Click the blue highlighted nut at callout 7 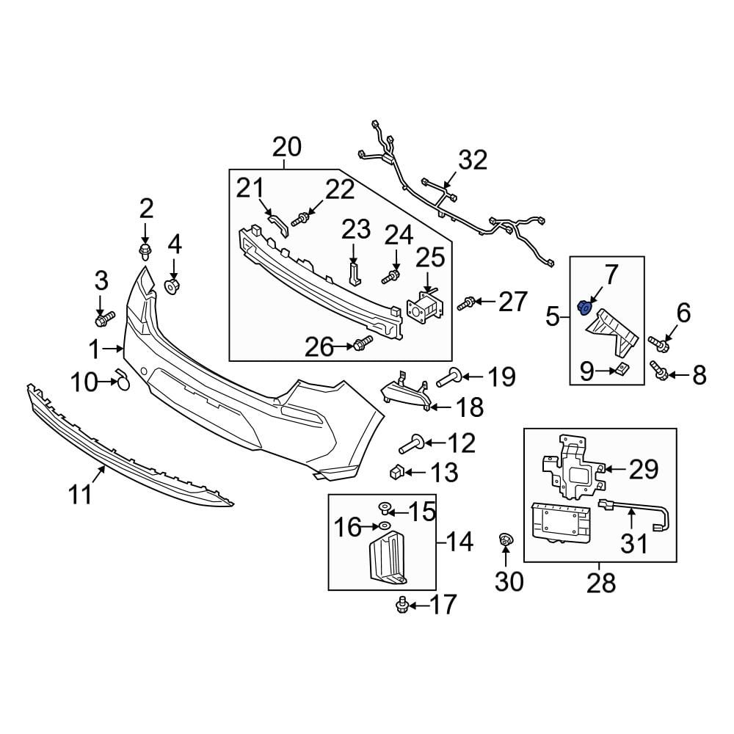[x=586, y=307]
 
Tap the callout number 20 [x=286, y=148]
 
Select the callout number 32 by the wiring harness [x=473, y=160]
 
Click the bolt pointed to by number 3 [x=105, y=319]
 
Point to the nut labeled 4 [x=172, y=285]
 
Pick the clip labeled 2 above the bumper [x=145, y=252]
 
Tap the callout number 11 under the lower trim [x=81, y=495]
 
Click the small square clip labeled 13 [x=396, y=471]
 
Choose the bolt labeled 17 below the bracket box [x=401, y=605]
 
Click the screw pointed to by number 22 [x=302, y=218]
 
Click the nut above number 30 [x=505, y=541]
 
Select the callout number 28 [x=600, y=584]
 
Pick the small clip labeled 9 [x=621, y=370]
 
